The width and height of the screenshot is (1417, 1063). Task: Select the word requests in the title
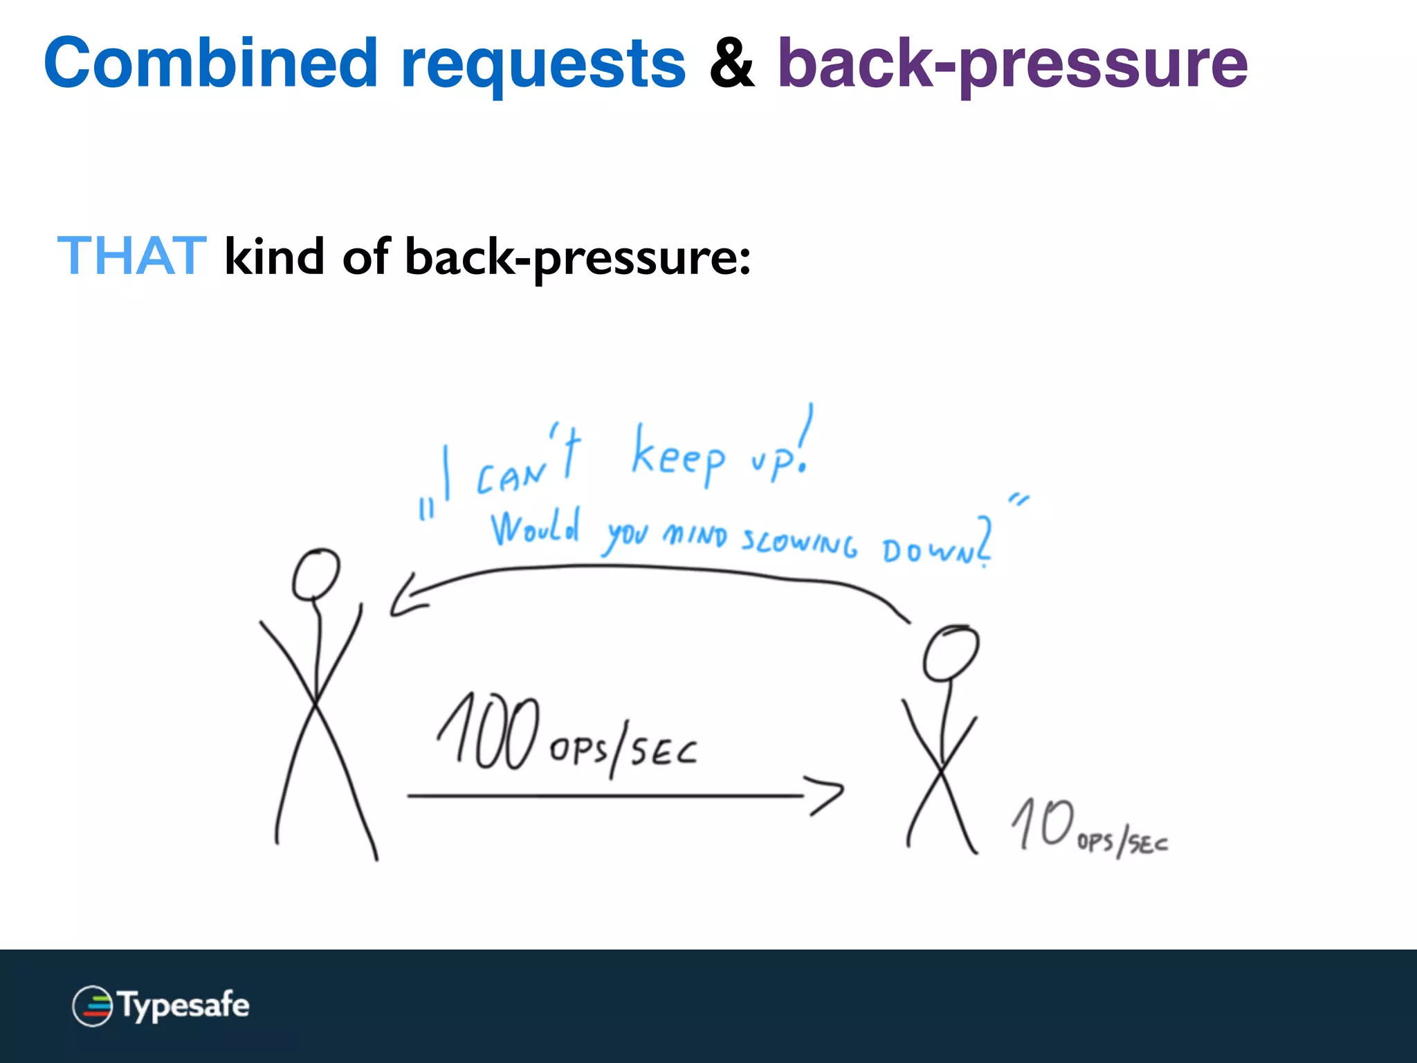543,66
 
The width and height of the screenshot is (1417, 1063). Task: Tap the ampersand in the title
731,64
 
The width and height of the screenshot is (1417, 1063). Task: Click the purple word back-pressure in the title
1012,66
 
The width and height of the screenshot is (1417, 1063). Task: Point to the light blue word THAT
131,256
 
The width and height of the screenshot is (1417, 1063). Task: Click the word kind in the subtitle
274,256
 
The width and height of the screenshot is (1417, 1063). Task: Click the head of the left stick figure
316,574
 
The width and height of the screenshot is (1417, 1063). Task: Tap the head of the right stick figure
951,653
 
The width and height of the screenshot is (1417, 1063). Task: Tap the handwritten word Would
535,529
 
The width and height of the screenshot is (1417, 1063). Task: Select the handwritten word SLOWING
799,541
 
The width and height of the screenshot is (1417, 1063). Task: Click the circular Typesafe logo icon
92,1006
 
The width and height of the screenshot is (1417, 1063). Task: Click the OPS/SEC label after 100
623,751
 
